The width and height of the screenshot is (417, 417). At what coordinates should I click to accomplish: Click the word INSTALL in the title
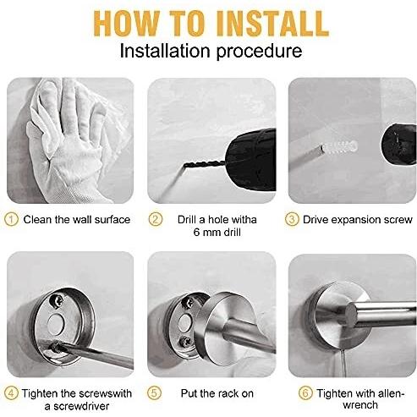click(x=272, y=24)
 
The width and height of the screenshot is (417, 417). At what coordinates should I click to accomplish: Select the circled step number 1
click(x=12, y=219)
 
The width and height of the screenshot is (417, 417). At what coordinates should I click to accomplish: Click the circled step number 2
click(x=156, y=219)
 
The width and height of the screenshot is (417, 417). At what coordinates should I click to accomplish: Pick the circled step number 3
click(x=292, y=219)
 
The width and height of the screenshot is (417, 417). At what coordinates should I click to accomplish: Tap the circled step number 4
click(x=12, y=393)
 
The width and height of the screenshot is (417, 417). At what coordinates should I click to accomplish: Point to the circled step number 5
click(x=155, y=393)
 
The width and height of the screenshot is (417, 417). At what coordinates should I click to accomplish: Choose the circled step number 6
click(x=305, y=393)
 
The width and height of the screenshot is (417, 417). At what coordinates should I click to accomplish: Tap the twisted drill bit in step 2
click(x=204, y=165)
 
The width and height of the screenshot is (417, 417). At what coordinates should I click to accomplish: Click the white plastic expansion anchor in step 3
click(x=341, y=147)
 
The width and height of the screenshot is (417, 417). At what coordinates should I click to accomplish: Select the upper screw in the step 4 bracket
click(x=57, y=301)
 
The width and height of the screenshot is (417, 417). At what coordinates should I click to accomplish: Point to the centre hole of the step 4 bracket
click(x=57, y=323)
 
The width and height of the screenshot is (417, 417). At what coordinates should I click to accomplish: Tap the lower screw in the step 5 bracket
click(x=185, y=342)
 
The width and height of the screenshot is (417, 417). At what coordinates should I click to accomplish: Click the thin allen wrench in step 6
click(x=343, y=363)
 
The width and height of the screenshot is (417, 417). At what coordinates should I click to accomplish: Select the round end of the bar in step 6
click(x=352, y=315)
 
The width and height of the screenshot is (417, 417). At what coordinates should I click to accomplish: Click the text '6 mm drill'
click(x=217, y=233)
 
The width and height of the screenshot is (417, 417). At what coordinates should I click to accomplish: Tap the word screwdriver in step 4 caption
click(x=81, y=406)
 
